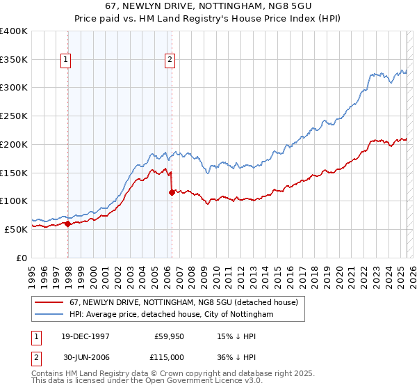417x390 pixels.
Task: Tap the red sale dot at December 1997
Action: pyautogui.click(x=68, y=224)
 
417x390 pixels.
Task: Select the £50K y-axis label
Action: pyautogui.click(x=16, y=229)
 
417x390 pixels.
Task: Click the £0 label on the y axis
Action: pyautogui.click(x=22, y=258)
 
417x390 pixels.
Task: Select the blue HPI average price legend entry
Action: pyautogui.click(x=171, y=314)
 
